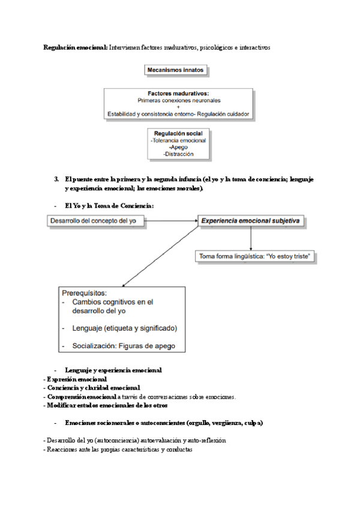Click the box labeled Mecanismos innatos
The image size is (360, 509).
(176, 70)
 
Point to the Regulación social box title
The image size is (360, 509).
(179, 133)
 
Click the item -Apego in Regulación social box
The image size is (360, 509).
(178, 147)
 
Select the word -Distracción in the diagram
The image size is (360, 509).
(178, 154)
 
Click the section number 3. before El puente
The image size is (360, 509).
(56, 179)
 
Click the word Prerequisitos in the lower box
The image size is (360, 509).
(85, 293)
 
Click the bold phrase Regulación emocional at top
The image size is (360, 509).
(76, 47)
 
